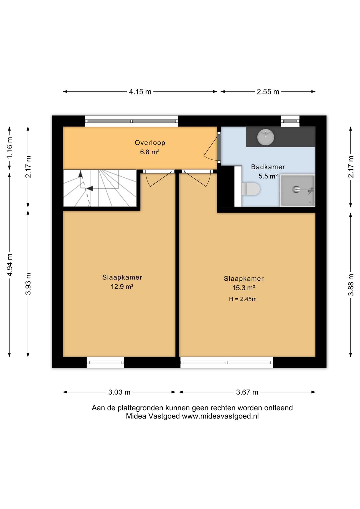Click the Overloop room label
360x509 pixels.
(150, 143)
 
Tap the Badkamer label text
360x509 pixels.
(268, 167)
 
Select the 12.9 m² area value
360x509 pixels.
(122, 286)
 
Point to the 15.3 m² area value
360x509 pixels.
(244, 288)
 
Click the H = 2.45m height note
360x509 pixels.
(243, 299)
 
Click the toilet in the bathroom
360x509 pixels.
(251, 189)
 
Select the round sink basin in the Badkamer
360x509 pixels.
(265, 137)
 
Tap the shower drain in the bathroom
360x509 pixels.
(296, 188)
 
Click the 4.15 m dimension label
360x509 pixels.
(140, 92)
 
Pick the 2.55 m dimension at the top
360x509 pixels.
(268, 92)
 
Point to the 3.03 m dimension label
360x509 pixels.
(119, 392)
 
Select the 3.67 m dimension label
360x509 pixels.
(247, 392)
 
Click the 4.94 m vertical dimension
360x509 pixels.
(10, 264)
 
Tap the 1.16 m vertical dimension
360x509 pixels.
(10, 148)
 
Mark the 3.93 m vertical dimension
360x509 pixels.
(28, 284)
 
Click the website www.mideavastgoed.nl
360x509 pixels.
(220, 416)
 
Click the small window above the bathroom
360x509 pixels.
(290, 121)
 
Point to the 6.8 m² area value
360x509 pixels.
(149, 152)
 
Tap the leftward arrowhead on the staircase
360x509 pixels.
(90, 188)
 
